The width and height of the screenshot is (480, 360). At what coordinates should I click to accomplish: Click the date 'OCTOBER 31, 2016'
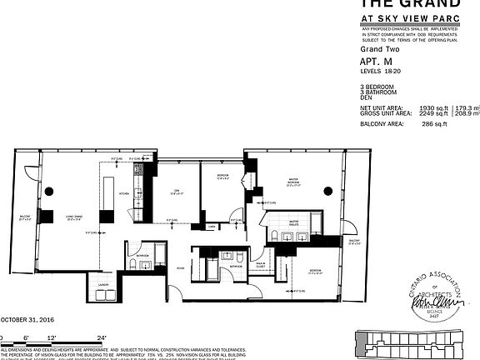point(26,319)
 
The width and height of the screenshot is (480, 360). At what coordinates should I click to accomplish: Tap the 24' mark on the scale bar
point(102,336)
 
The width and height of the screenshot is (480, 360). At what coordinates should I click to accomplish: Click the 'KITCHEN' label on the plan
point(122,193)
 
